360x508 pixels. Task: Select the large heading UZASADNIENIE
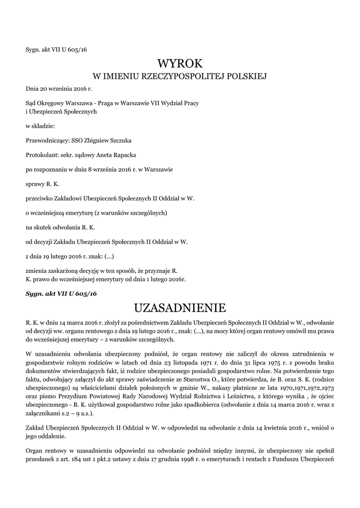pyautogui.click(x=180, y=308)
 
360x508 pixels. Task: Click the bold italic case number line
pyautogui.click(x=61, y=294)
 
